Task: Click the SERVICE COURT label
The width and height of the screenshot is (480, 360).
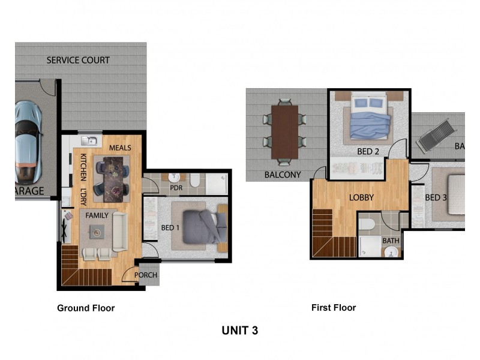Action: click(x=78, y=60)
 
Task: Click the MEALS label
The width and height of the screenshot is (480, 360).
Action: click(x=120, y=148)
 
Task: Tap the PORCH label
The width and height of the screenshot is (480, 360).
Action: click(x=146, y=275)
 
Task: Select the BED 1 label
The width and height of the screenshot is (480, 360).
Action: click(x=170, y=228)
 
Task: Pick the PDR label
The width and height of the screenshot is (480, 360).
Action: click(x=176, y=188)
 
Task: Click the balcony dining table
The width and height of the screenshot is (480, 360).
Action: click(x=284, y=132)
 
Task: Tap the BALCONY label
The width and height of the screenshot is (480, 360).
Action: click(x=282, y=175)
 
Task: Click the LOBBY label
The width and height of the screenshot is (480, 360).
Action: click(x=362, y=197)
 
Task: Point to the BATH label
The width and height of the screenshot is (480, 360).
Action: click(x=391, y=241)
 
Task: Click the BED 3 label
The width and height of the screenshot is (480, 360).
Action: click(x=436, y=197)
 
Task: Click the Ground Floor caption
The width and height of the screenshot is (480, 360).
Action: click(x=86, y=308)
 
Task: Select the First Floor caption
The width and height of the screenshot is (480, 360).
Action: click(x=334, y=307)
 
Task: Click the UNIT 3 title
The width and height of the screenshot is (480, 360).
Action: click(x=240, y=330)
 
